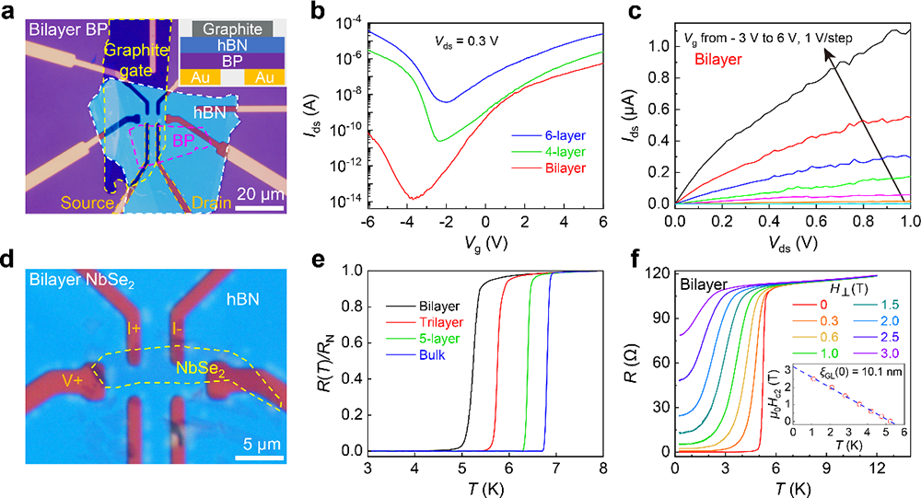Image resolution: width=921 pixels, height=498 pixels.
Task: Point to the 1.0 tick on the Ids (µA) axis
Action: (659, 45)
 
